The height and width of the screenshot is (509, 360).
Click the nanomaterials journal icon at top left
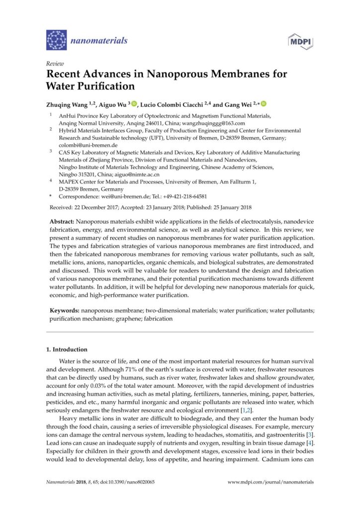56,40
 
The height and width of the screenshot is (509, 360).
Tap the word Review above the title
53,64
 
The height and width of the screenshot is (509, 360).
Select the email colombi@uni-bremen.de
81,145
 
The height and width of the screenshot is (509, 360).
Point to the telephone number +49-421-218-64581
181,196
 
